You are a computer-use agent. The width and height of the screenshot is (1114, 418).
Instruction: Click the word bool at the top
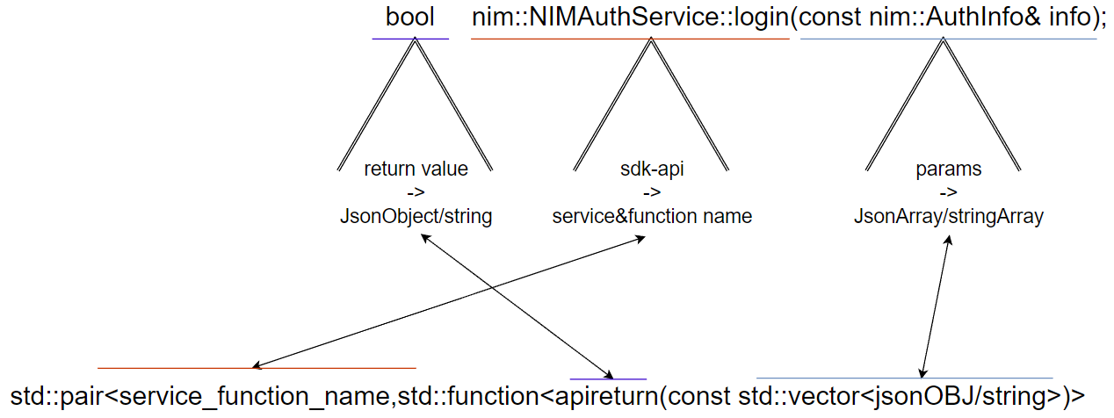point(410,17)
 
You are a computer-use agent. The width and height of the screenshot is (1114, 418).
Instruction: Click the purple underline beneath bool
point(410,39)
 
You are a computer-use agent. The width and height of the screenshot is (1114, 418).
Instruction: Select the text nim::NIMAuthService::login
point(631,18)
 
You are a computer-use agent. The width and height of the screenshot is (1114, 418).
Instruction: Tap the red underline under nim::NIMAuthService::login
point(630,39)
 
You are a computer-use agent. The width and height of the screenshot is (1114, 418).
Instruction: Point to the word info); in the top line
point(1078,18)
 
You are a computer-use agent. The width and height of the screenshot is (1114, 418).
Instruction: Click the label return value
point(416,169)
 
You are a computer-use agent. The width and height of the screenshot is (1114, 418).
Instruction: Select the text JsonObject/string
point(416,216)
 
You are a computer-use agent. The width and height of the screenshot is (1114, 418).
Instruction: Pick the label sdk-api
point(652,169)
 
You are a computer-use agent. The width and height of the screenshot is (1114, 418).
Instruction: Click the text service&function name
point(652,216)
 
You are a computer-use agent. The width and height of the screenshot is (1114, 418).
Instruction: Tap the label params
point(948,169)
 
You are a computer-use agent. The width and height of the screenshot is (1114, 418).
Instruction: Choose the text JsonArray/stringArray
point(948,217)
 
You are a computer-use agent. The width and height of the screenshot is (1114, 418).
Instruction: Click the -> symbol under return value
point(416,192)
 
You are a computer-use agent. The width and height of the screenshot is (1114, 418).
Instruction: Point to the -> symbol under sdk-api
point(652,192)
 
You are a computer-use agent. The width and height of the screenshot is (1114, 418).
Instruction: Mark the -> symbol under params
point(948,192)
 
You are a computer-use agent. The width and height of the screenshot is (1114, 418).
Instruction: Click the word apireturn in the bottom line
point(606,397)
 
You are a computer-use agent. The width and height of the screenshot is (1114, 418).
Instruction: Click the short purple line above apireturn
point(608,379)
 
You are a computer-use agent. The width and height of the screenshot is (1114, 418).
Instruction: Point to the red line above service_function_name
point(257,368)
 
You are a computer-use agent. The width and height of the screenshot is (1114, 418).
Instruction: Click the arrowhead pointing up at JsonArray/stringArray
point(948,240)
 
